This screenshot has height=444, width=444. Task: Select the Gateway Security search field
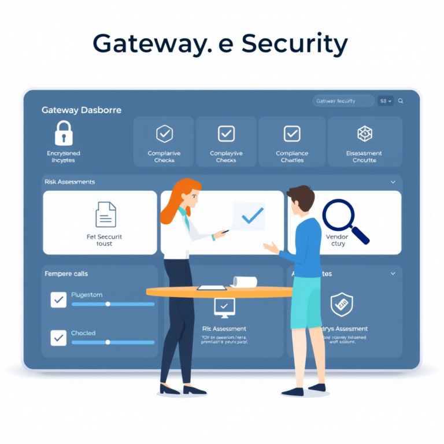click(343, 101)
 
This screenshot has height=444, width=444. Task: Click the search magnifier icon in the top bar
click(401, 101)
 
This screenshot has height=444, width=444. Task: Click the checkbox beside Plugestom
click(58, 299)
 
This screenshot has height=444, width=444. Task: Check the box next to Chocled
click(58, 337)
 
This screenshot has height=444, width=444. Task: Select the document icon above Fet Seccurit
click(105, 214)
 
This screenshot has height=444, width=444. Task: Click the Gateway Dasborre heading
click(82, 110)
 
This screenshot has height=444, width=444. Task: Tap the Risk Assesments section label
click(69, 182)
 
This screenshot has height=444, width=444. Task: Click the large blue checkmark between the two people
click(252, 216)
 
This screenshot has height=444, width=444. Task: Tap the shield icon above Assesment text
click(341, 304)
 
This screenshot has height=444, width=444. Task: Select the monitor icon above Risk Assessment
click(224, 307)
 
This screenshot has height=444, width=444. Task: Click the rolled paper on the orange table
click(245, 282)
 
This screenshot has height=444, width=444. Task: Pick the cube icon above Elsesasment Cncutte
click(364, 134)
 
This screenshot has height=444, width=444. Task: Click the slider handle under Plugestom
click(108, 304)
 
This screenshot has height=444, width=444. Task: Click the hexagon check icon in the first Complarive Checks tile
click(165, 134)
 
